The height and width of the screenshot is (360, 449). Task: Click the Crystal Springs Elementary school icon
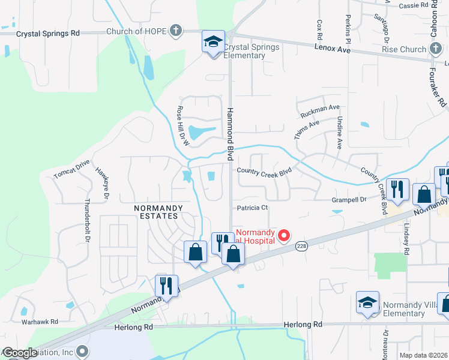click(x=213, y=41)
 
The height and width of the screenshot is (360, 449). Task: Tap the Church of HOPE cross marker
click(x=175, y=31)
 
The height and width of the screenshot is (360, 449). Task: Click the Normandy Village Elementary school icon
click(x=367, y=303)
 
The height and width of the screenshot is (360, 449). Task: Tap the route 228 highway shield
click(x=301, y=245)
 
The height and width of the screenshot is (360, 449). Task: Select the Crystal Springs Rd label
click(x=48, y=34)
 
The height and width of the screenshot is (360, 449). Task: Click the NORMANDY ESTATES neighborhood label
click(x=156, y=211)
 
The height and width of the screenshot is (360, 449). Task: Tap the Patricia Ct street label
click(x=252, y=208)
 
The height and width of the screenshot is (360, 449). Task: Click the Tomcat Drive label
click(x=71, y=169)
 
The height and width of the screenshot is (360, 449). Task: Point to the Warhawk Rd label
click(x=40, y=322)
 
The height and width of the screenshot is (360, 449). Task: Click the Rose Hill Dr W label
click(x=182, y=127)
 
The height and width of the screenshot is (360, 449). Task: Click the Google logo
click(x=19, y=353)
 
